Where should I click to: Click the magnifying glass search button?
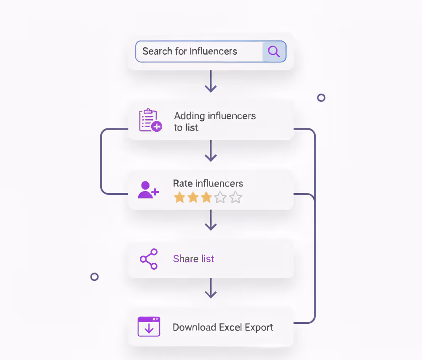[274, 52]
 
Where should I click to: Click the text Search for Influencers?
[190, 51]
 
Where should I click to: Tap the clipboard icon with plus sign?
[150, 121]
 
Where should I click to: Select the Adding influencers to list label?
[215, 121]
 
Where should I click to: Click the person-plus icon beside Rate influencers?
[148, 190]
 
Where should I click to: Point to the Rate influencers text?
[208, 184]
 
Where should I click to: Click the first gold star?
[179, 197]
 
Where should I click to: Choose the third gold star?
[206, 197]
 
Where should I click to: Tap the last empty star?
[236, 197]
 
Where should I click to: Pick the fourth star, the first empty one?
[221, 197]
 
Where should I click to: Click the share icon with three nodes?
[149, 259]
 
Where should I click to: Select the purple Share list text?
[193, 259]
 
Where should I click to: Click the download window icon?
[149, 327]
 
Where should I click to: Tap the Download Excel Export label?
[223, 328]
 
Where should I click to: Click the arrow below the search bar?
[211, 82]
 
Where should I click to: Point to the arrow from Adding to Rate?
[211, 151]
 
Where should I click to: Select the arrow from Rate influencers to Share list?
[211, 220]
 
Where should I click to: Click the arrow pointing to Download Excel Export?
[211, 288]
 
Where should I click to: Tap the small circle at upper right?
[321, 98]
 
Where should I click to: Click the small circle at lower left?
[94, 277]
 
